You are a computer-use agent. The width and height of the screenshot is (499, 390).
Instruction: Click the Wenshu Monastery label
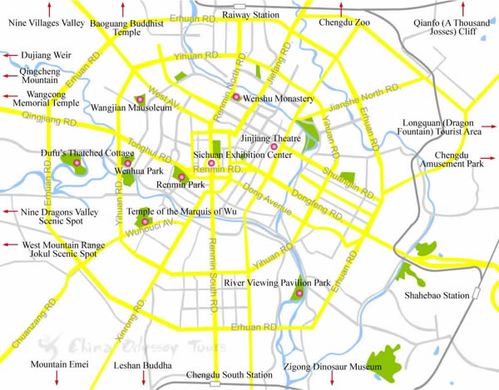[x=271, y=98]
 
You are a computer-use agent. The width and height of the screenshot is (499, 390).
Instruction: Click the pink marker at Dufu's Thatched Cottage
[x=77, y=164]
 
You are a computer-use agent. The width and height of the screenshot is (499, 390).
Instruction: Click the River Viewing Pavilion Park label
[x=278, y=284]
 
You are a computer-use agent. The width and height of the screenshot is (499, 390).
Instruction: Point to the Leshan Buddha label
[x=143, y=366]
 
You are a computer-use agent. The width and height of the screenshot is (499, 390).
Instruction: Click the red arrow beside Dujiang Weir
[x=7, y=55]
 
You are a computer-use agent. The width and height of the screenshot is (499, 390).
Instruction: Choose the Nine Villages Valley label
[x=46, y=24]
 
